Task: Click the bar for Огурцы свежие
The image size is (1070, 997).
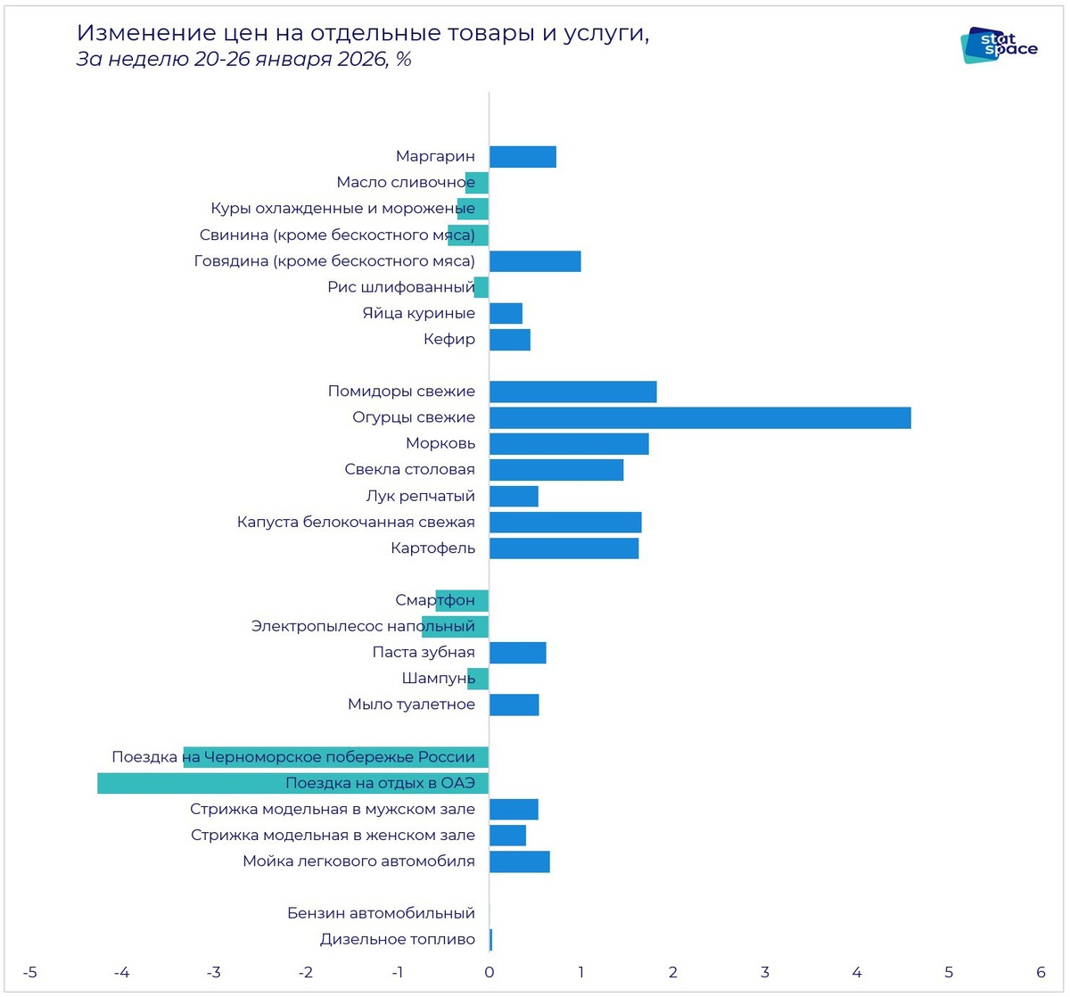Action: [700, 417]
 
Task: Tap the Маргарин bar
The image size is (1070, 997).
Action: [523, 157]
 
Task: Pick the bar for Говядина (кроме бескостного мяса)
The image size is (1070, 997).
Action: [535, 261]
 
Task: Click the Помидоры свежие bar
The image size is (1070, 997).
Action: [572, 391]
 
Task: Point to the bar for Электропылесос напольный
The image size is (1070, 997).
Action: [455, 626]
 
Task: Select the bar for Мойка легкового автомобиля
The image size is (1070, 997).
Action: [519, 861]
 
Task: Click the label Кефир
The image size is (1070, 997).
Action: [449, 339]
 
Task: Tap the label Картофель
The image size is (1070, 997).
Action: [432, 548]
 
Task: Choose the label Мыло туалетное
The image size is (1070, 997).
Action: [411, 704]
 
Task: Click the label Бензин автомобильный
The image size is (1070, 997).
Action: [381, 913]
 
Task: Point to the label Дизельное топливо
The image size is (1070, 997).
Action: [397, 939]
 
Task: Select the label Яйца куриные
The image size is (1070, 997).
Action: [418, 313]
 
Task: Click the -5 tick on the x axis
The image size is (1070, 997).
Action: [29, 972]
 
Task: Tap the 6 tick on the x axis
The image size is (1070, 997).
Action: [1041, 972]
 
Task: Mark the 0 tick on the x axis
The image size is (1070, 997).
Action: [489, 972]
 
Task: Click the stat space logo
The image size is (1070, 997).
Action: [999, 45]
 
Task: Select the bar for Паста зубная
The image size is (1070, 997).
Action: [517, 653]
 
